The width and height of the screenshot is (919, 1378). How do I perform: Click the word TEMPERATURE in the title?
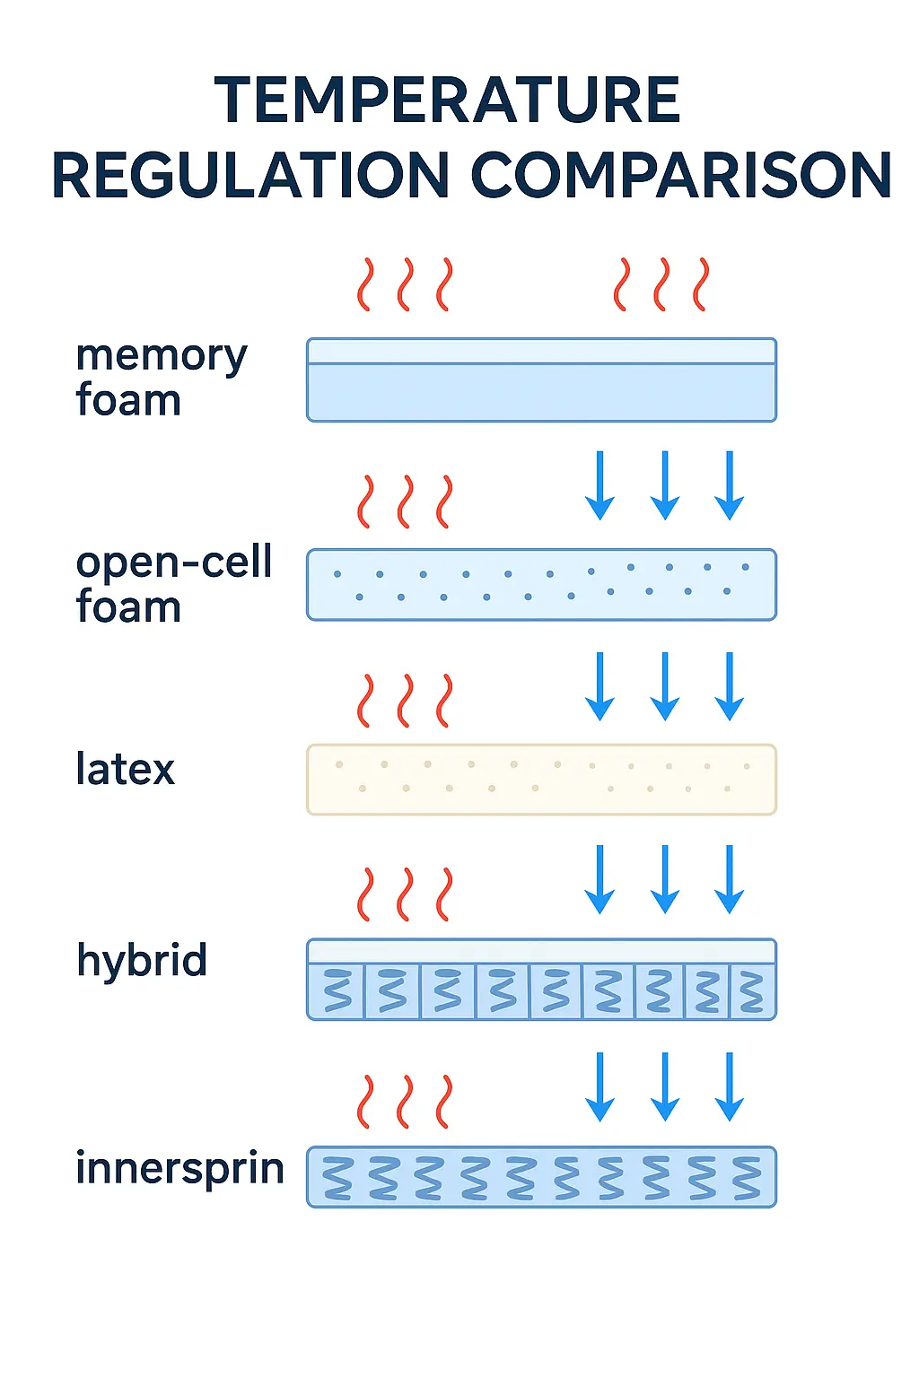447,100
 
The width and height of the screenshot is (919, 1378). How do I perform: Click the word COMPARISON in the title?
681,175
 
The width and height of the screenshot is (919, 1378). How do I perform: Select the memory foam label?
161,378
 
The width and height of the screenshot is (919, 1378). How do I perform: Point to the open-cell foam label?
173,584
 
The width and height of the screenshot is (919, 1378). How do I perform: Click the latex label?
125,770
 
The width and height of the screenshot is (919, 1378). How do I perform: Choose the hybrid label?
142,960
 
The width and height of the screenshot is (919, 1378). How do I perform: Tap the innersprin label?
179,1168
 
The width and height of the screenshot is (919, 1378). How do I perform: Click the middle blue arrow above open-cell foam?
664,485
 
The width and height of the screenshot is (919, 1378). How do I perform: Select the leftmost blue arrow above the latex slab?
600,686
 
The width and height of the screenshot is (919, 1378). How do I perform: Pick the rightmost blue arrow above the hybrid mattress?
730,879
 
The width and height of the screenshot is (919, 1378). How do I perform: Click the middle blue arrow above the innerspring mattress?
664,1086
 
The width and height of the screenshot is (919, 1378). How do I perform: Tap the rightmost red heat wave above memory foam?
701,284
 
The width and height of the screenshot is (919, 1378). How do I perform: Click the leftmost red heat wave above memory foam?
364,284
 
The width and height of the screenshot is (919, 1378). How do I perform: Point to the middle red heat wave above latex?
405,701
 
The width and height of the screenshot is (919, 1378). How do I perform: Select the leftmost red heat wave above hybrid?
364,894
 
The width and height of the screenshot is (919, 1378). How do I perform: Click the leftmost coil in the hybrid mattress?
337,991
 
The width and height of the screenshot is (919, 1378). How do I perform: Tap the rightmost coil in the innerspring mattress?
747,1178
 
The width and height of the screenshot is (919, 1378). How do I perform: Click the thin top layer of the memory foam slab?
541,351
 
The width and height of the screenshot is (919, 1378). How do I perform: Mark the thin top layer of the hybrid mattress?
541,952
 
